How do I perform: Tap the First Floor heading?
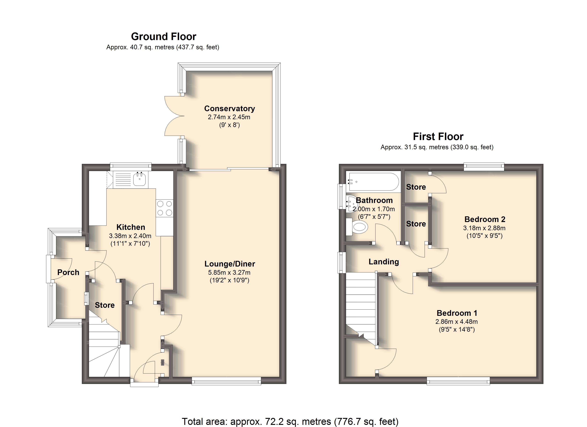pos(438,136)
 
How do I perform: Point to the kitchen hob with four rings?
pos(165,208)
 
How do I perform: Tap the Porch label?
pos(68,272)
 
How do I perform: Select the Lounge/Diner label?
pos(230,264)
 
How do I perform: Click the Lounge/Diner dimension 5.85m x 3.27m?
pos(229,272)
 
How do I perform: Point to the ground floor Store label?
pos(105,305)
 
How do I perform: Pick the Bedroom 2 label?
pos(485,219)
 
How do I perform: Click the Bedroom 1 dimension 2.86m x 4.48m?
pos(457,322)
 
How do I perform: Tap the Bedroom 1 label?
pos(457,313)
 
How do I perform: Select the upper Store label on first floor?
pos(416,187)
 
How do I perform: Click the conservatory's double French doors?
pos(174,116)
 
